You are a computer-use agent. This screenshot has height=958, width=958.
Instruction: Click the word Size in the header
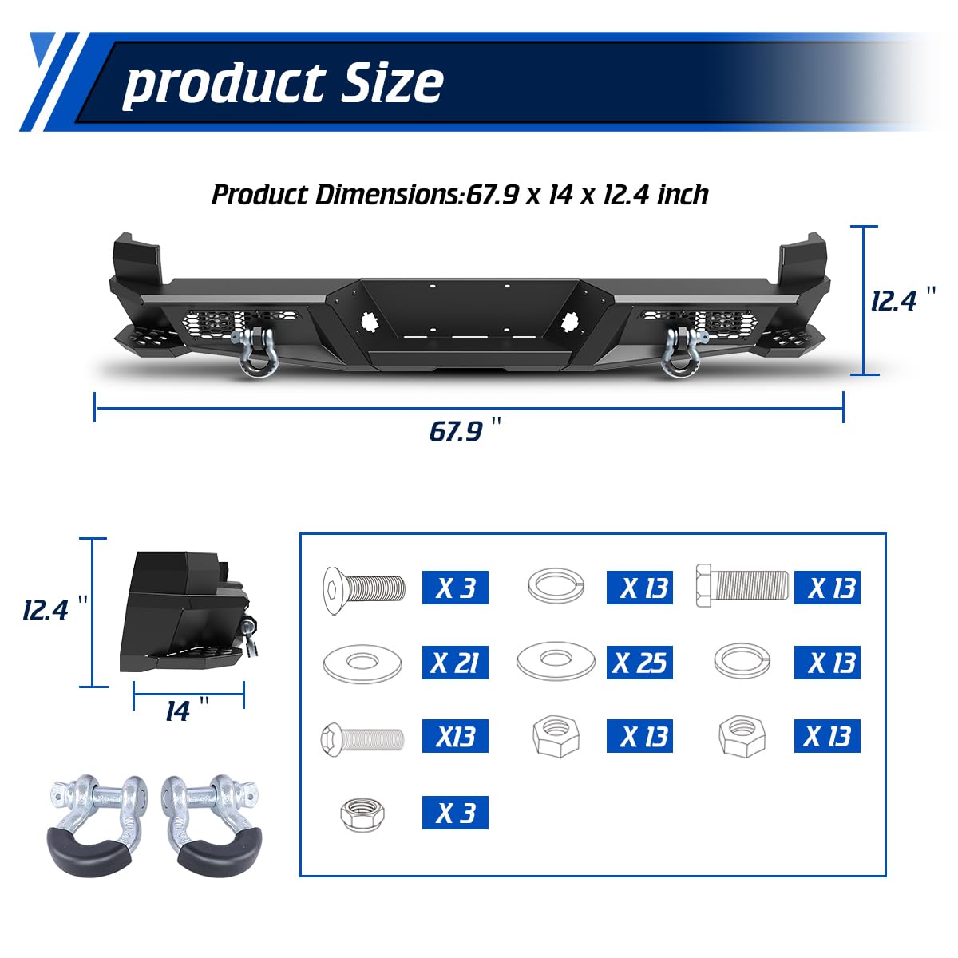(392, 82)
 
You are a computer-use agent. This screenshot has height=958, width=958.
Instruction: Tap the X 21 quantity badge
(455, 663)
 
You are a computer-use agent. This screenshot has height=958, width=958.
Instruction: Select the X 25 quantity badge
(639, 663)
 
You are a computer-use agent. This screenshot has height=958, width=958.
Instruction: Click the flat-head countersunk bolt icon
(363, 589)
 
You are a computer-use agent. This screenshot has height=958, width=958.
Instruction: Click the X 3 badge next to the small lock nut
(455, 813)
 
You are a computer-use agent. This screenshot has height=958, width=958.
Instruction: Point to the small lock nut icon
(362, 814)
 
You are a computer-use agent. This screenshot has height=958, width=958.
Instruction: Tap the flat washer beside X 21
(362, 663)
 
